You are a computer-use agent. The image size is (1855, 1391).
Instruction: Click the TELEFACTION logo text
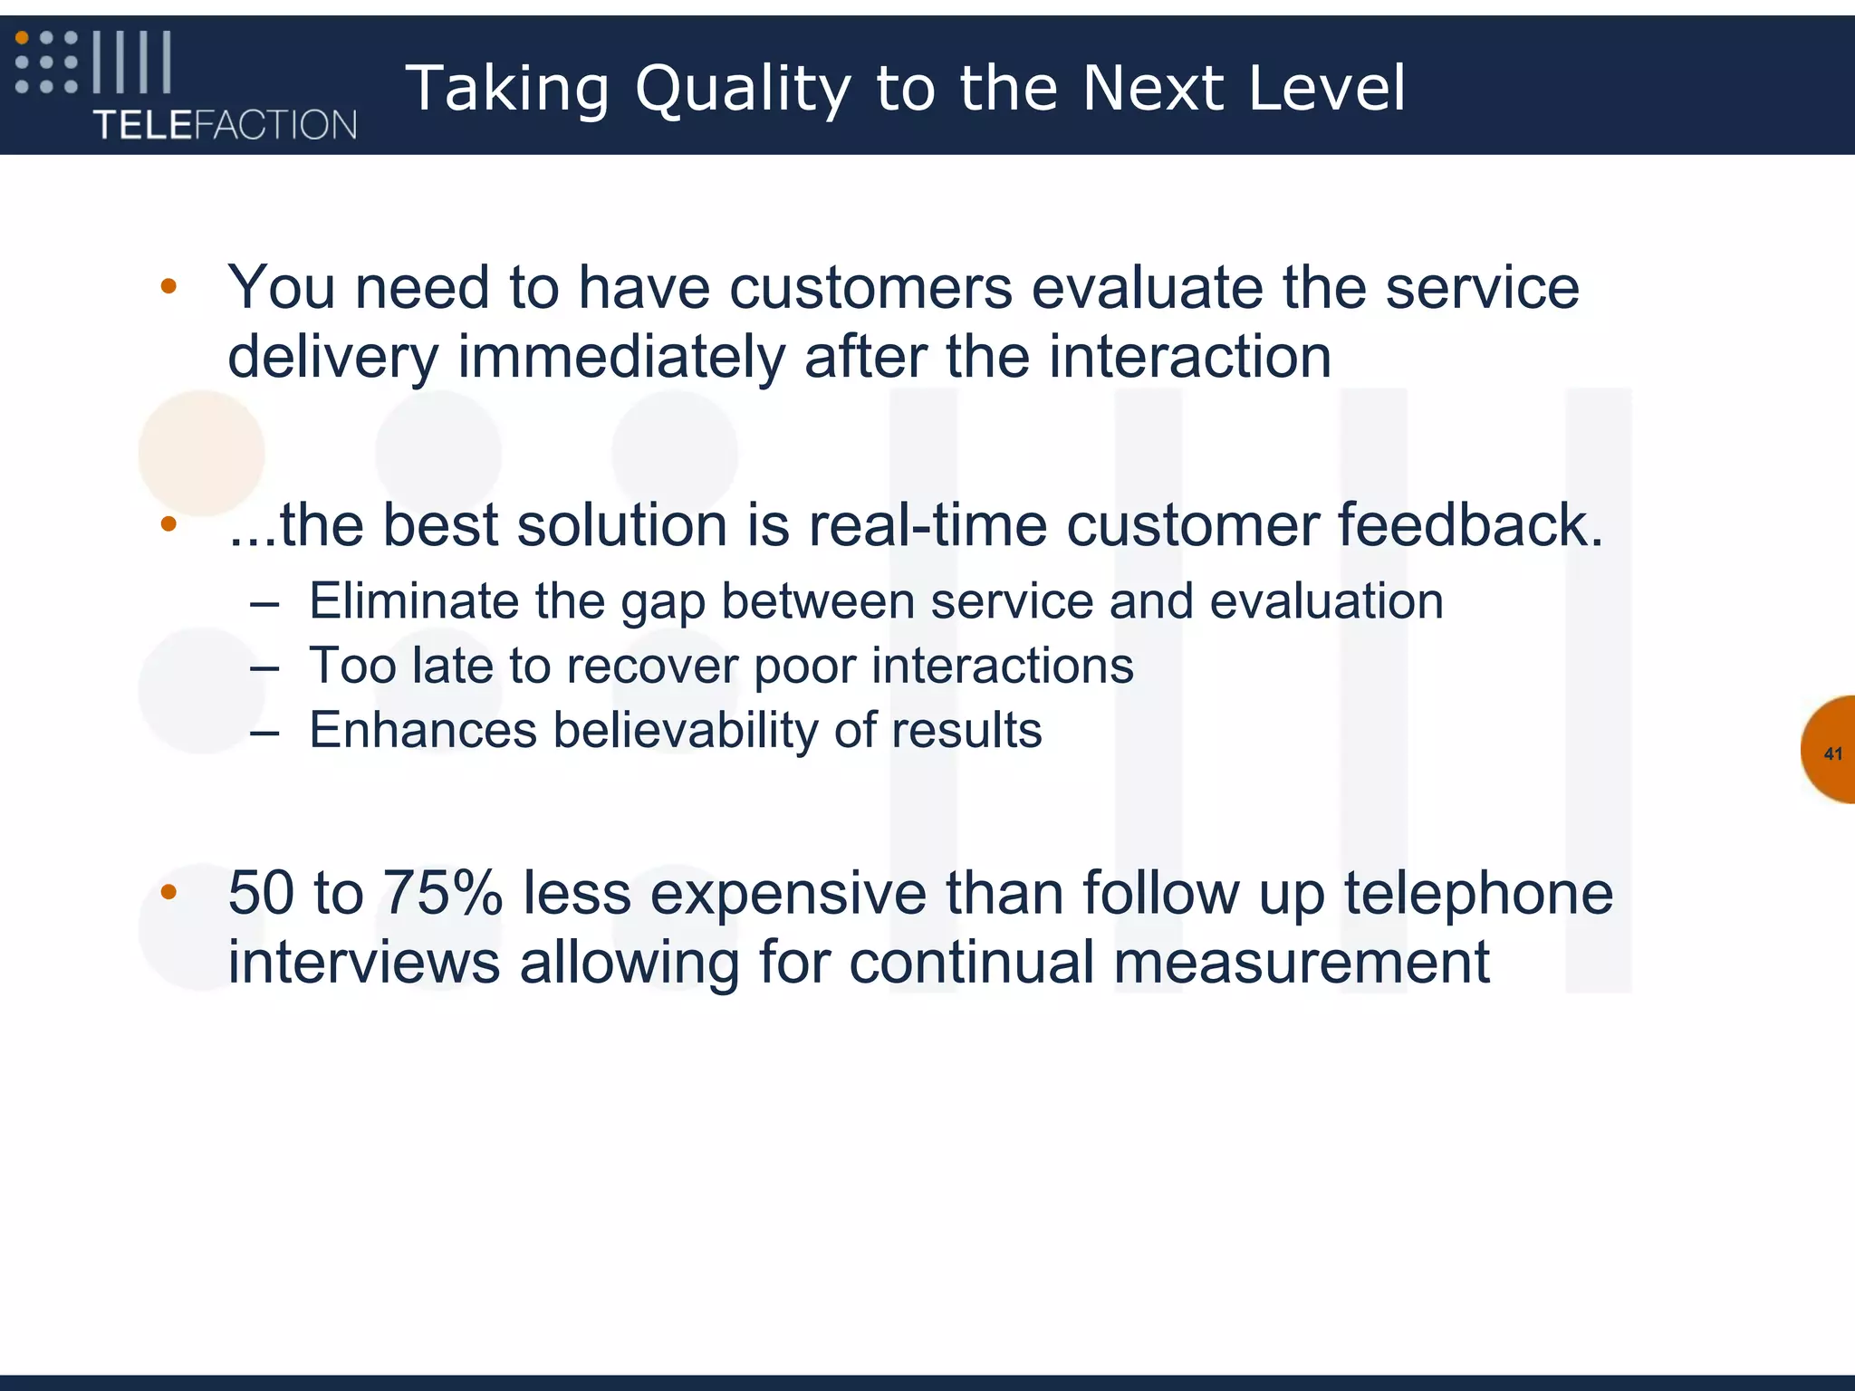pos(225,124)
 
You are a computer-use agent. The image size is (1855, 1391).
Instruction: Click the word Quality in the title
pos(743,89)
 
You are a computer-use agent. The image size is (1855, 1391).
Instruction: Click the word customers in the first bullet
pos(870,288)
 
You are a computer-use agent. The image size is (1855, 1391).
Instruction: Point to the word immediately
pos(620,357)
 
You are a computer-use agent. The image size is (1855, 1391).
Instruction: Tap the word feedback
pos(1469,525)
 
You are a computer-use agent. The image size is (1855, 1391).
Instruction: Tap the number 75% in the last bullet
pos(442,894)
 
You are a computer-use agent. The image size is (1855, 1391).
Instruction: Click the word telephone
pos(1478,894)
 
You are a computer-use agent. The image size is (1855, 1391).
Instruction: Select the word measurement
pos(1301,962)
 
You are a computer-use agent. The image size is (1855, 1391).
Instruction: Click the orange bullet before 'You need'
pos(168,287)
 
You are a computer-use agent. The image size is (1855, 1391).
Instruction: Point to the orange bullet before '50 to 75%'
pos(168,893)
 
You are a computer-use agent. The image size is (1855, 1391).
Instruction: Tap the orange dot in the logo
pos(23,38)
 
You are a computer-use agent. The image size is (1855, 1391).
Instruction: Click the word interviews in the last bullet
pos(363,962)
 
